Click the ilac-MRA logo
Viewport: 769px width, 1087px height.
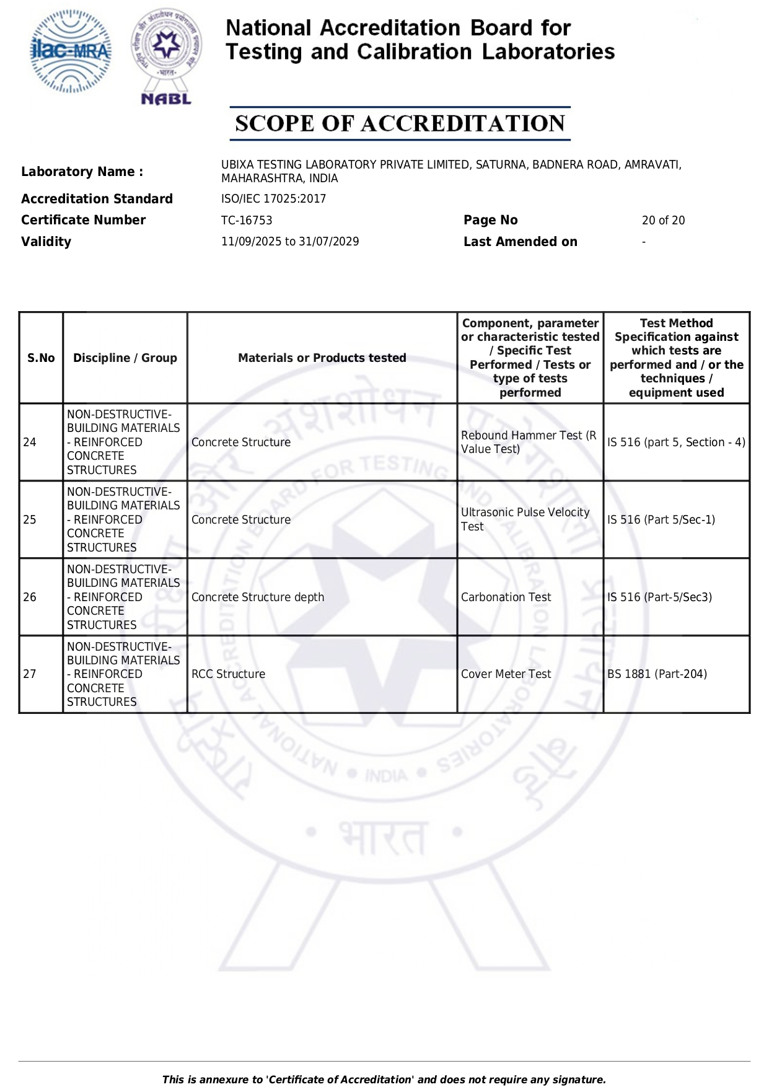71,51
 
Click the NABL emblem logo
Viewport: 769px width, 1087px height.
166,56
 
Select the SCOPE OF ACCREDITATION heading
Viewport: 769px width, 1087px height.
400,123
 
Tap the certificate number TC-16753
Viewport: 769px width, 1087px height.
247,221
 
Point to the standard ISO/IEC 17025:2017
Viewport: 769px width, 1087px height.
273,199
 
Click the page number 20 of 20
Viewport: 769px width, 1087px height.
663,221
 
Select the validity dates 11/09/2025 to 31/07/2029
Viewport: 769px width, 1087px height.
290,242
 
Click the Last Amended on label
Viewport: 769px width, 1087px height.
520,242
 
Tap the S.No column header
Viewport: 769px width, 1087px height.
41,358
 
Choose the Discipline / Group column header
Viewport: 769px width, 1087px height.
125,358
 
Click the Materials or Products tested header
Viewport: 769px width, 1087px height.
322,358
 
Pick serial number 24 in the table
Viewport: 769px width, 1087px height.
30,442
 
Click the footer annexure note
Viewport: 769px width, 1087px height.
384,1080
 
